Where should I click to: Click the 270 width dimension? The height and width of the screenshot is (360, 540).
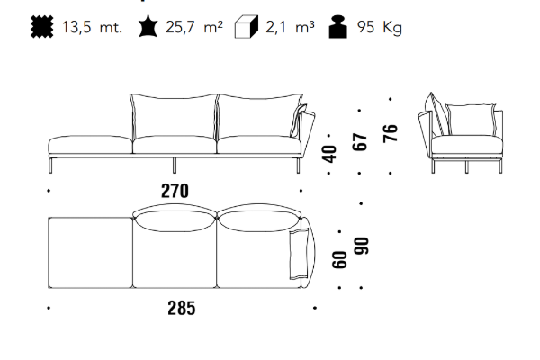[175, 191]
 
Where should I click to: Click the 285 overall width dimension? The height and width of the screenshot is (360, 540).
[182, 308]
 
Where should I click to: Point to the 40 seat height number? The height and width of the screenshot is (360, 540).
[329, 154]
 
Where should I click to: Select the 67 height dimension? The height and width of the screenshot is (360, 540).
[360, 141]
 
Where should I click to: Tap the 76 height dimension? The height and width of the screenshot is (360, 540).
[391, 133]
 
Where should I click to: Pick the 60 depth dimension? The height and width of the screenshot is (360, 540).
[339, 259]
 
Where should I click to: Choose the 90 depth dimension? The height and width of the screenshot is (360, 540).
[362, 246]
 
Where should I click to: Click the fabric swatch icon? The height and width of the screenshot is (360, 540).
[42, 26]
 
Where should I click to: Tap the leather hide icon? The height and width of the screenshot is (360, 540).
[148, 26]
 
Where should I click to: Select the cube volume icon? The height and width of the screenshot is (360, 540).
[247, 26]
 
